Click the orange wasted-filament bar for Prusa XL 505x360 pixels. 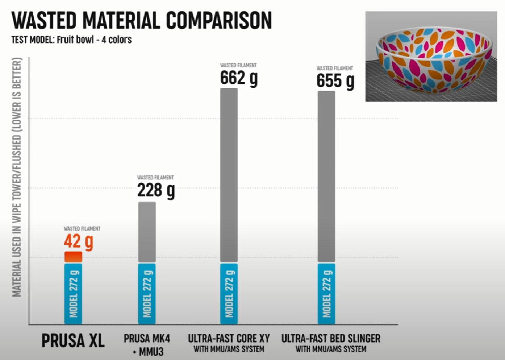[x=73, y=257]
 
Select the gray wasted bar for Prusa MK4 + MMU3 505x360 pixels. [x=147, y=232]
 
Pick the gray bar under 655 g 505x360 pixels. [x=326, y=176]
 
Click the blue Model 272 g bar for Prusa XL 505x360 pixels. [x=73, y=294]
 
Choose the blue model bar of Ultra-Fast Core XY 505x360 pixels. [x=229, y=294]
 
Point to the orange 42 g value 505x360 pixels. [x=79, y=241]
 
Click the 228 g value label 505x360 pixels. [x=156, y=190]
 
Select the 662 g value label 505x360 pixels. [x=239, y=78]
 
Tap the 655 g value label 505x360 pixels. [x=335, y=80]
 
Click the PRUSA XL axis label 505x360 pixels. [x=73, y=341]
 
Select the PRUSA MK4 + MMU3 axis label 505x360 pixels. [x=147, y=344]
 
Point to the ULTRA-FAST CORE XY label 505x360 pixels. [x=229, y=339]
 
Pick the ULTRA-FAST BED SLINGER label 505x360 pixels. [x=331, y=339]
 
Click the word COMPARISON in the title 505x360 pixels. [x=219, y=20]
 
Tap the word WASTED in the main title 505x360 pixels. [x=45, y=20]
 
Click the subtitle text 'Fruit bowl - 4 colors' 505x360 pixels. [x=94, y=40]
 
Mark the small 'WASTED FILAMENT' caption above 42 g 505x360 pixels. [x=82, y=229]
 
